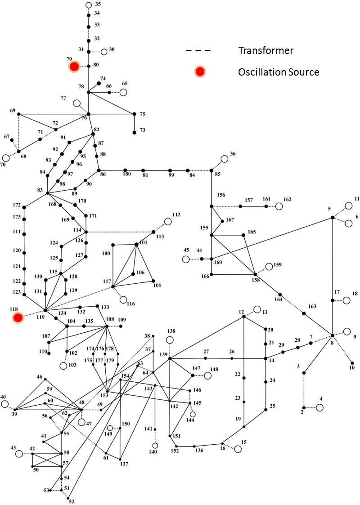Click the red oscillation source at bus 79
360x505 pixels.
74,67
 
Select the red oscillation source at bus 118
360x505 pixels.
18,317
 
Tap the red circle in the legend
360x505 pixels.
200,72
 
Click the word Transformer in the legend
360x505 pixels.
266,50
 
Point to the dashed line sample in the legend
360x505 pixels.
198,50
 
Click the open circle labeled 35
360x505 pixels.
89,5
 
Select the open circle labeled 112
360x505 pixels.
168,222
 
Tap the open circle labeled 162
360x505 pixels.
279,206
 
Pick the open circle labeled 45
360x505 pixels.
186,259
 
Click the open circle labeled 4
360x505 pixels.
319,408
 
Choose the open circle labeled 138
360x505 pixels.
170,340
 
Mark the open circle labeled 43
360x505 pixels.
19,454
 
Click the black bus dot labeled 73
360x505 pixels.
135,132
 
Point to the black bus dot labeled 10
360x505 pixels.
352,363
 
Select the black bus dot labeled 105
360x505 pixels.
153,281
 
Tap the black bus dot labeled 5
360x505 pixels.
333,218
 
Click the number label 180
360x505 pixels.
127,174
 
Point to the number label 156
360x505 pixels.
221,195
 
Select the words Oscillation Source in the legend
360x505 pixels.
279,72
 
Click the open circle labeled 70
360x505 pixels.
5,158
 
